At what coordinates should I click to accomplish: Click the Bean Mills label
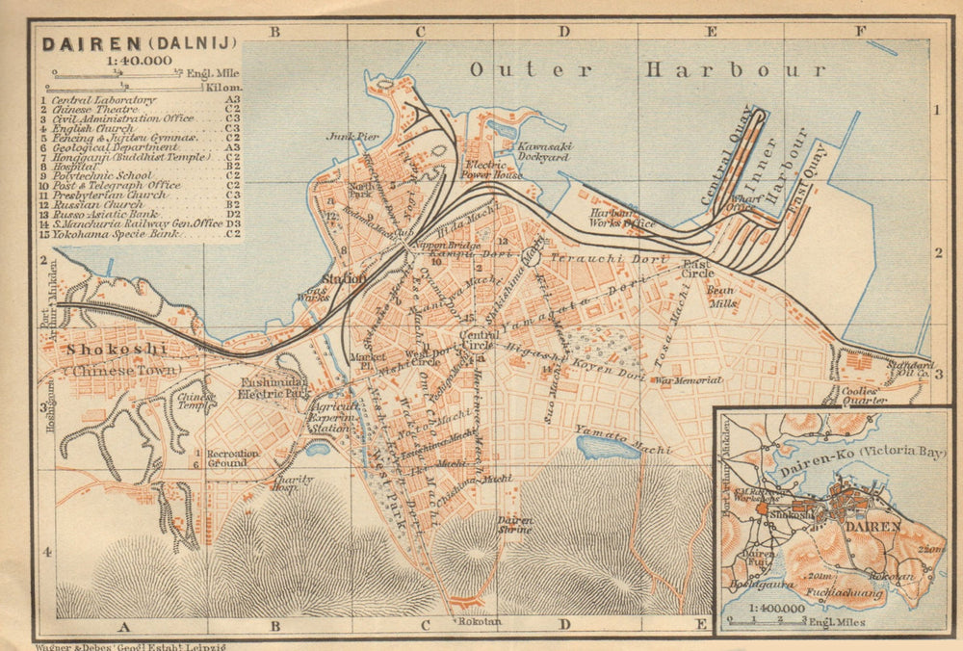721,297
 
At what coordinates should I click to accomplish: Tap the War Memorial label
688,380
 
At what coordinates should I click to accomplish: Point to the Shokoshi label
116,349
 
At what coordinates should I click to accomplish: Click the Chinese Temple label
195,400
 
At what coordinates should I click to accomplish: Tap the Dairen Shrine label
515,525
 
